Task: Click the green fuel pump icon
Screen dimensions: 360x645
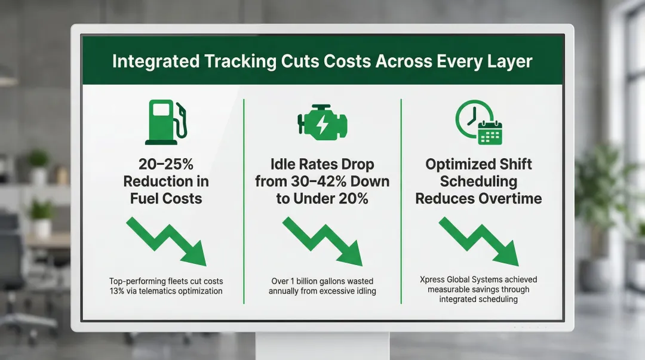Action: click(x=165, y=123)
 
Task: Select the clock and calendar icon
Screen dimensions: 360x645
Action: click(x=478, y=122)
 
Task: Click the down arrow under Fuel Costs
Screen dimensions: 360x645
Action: click(x=167, y=241)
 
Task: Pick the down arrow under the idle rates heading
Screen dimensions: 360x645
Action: click(x=322, y=241)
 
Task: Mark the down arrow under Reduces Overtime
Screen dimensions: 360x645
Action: click(x=478, y=241)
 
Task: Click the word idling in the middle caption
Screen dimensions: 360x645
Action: click(x=364, y=291)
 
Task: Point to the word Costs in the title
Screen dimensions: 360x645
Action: click(x=344, y=61)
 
